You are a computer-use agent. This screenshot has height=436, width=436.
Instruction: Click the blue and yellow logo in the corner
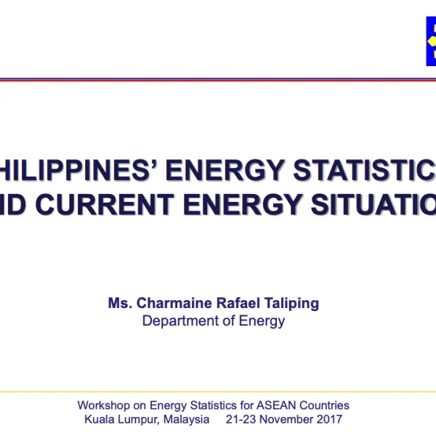tap(431, 41)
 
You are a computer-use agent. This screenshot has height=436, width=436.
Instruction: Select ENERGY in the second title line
tap(240, 204)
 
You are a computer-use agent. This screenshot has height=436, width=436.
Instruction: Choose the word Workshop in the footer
tap(102, 405)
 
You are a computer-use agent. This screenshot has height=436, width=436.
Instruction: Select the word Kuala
tap(99, 419)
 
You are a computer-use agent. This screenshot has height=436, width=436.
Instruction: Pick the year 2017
tap(331, 419)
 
